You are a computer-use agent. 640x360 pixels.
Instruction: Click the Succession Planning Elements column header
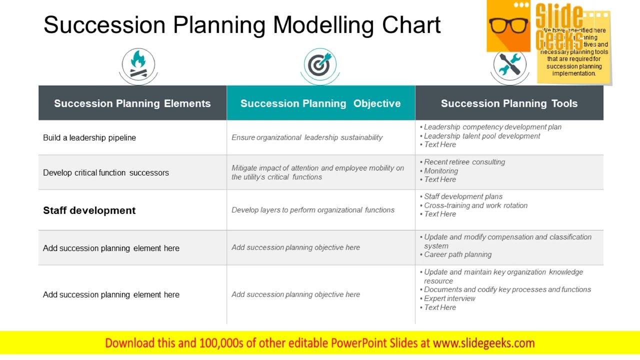[132, 103]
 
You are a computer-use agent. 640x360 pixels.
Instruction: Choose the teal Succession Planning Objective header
[320, 103]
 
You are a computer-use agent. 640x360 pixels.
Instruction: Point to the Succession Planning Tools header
[509, 103]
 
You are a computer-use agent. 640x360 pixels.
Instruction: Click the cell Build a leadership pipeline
[89, 137]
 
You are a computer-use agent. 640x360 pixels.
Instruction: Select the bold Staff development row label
[89, 210]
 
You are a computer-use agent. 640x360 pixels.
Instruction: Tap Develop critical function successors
[106, 172]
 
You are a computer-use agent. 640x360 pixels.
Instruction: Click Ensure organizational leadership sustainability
[307, 137]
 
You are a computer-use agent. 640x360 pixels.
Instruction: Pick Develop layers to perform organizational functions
[313, 210]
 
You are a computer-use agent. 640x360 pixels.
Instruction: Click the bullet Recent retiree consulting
[464, 162]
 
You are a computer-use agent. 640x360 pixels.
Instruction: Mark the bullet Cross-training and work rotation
[475, 205]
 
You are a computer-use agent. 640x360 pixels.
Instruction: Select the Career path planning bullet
[457, 254]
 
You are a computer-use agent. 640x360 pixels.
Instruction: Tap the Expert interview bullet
[449, 298]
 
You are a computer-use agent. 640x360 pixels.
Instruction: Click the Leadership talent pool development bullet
[482, 136]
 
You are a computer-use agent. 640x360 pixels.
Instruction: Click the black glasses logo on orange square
[508, 26]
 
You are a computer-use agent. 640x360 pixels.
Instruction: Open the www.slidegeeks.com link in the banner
[484, 343]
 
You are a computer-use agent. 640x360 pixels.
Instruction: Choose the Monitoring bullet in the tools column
[441, 171]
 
